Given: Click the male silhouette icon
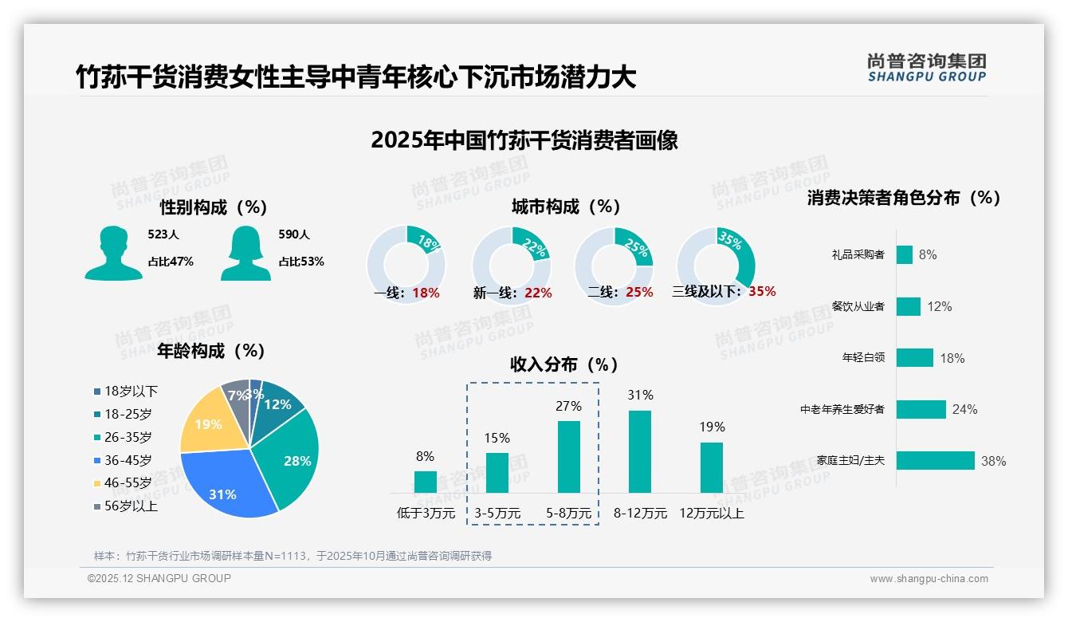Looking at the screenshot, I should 114,253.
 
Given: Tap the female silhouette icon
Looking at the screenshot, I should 245,253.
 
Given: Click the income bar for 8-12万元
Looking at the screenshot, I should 640,451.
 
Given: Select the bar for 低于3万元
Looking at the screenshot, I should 426,482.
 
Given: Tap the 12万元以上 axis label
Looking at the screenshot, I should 712,514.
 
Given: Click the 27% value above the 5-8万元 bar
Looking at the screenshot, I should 568,406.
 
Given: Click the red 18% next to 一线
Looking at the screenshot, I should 426,293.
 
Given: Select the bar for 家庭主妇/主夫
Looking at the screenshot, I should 936,460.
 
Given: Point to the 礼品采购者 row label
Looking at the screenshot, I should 858,254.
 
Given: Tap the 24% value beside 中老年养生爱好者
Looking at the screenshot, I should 964,409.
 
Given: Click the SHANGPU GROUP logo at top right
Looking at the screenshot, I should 927,68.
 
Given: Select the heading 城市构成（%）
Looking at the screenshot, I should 566,207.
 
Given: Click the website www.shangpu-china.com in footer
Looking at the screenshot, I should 929,579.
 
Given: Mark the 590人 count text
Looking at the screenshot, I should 294,234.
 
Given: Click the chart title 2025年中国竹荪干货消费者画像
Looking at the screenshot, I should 524,140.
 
